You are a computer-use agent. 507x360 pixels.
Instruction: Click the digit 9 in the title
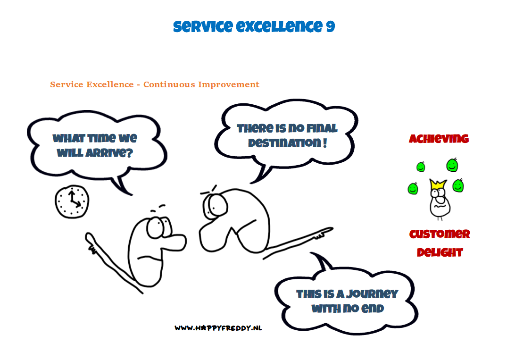pos(331,26)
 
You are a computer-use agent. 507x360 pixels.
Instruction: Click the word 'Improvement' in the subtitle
pos(229,85)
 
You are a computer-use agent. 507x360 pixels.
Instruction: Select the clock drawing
pos(72,202)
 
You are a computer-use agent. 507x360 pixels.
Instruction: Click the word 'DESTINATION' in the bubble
pos(284,142)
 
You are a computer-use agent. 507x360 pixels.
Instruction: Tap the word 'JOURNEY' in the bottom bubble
pos(372,293)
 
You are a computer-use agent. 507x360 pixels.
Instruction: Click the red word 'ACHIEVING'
pos(439,139)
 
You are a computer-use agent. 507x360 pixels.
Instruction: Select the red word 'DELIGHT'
pos(440,252)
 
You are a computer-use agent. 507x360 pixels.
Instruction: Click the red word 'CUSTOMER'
pos(440,234)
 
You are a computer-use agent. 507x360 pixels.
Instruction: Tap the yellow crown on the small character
pos(438,185)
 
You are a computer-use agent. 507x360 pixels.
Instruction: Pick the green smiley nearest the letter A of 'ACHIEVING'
pos(421,167)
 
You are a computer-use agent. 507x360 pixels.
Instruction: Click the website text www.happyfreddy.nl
pos(218,328)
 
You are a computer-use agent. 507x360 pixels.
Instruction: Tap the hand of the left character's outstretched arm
pos(91,242)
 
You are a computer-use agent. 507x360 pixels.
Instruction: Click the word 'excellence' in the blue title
pos(279,26)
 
